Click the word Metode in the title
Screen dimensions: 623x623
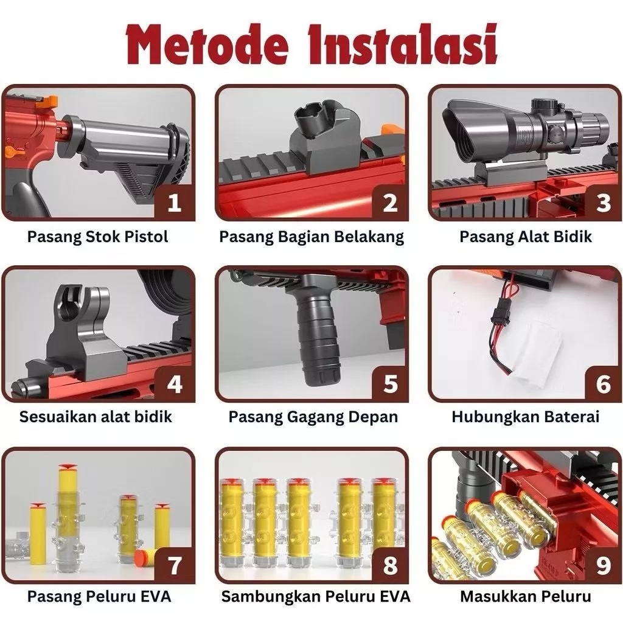(207, 44)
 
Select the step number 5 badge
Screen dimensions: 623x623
(390, 383)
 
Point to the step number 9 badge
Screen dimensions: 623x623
(603, 565)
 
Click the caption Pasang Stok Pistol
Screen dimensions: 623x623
(98, 237)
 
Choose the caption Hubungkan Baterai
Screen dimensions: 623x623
(525, 417)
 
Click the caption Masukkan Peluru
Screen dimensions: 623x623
(525, 596)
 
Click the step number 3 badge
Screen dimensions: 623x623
(603, 202)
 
